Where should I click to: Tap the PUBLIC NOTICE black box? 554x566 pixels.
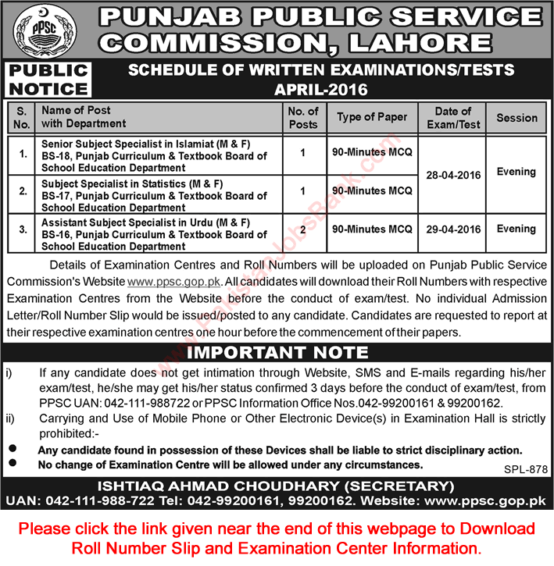click(48, 80)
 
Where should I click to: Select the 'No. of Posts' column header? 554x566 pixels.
click(303, 117)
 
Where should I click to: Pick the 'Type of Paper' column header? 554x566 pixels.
click(372, 117)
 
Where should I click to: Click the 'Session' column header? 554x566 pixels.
click(516, 118)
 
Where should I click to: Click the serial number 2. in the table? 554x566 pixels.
click(23, 190)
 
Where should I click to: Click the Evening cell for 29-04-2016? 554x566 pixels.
click(516, 229)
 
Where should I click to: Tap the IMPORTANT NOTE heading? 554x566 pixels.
click(277, 352)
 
